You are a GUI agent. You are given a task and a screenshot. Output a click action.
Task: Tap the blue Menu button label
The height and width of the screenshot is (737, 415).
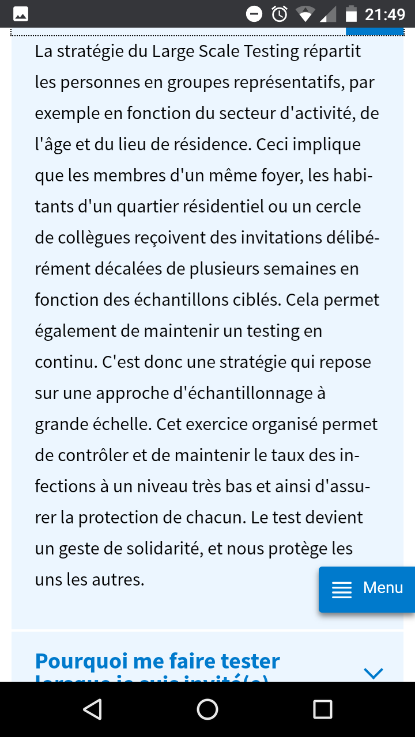pos(383,588)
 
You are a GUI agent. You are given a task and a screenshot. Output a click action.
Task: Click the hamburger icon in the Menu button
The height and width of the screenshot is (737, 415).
pos(342,590)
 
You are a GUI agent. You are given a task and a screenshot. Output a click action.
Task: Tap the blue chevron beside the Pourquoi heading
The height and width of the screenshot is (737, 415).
pos(373,673)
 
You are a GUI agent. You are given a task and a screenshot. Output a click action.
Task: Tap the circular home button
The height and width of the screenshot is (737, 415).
pos(207,709)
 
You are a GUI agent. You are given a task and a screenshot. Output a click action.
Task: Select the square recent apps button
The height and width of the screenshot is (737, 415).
pos(322,709)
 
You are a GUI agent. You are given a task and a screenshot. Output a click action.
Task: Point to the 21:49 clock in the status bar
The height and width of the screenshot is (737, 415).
pos(385,14)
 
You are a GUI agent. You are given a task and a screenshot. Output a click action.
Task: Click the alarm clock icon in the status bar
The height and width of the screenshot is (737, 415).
pos(280,14)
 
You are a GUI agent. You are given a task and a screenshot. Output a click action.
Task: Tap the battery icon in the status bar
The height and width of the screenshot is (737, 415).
pos(350,14)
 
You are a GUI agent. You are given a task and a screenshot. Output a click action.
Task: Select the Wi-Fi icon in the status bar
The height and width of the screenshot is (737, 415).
pos(304,14)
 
